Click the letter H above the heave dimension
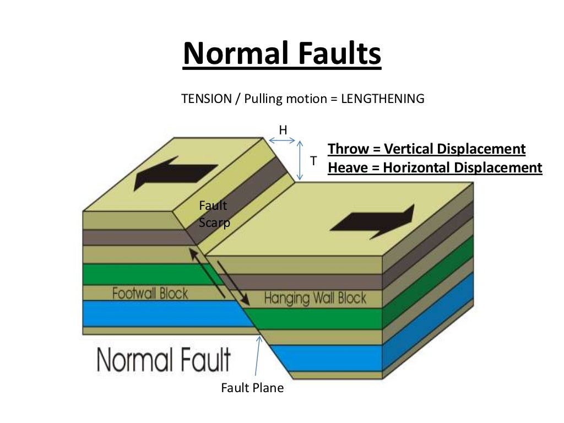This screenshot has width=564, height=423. point(283,130)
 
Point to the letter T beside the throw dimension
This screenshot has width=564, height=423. point(313,161)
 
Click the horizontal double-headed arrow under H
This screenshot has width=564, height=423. point(283,140)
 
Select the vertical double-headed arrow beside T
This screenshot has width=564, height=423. point(300,160)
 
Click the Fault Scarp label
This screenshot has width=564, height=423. point(214,214)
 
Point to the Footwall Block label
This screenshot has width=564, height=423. point(150,293)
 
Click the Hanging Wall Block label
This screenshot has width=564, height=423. point(315,299)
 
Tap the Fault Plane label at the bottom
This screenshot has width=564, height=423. point(252,388)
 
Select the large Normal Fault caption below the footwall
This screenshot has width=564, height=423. point(164,360)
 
